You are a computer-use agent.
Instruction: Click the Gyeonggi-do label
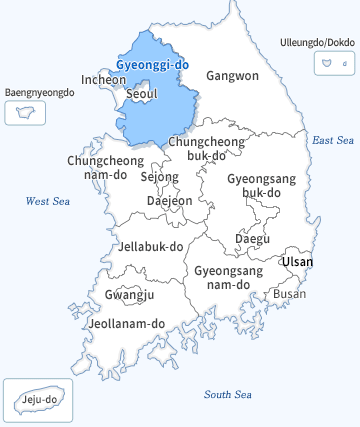point(152,64)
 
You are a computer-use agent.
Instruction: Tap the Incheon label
point(104,79)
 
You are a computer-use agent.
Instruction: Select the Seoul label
point(142,94)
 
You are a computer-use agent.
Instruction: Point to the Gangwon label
point(232,75)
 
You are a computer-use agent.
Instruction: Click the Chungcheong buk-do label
point(205,149)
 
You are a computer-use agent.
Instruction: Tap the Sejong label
point(159,177)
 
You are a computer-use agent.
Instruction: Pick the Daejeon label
point(169,200)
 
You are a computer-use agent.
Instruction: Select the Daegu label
point(252,239)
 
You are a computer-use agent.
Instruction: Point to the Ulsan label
point(297,262)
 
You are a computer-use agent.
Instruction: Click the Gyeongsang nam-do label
point(228,277)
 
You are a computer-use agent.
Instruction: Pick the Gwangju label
point(129,294)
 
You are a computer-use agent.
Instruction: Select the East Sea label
point(333,140)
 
